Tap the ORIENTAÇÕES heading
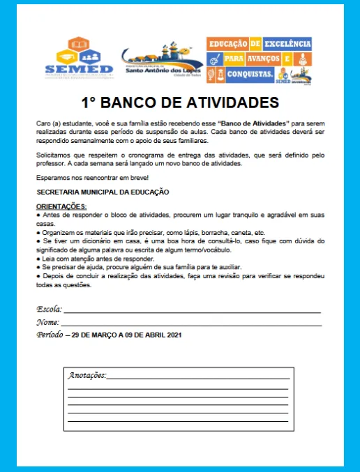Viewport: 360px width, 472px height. tap(61, 206)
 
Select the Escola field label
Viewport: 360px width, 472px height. tap(50, 308)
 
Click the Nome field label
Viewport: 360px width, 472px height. tap(47, 322)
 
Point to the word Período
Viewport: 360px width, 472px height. tap(51, 335)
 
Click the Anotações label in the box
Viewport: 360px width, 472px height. tap(87, 375)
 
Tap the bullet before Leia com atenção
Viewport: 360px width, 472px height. tap(38, 259)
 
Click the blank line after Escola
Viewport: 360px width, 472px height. tap(192, 310)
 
